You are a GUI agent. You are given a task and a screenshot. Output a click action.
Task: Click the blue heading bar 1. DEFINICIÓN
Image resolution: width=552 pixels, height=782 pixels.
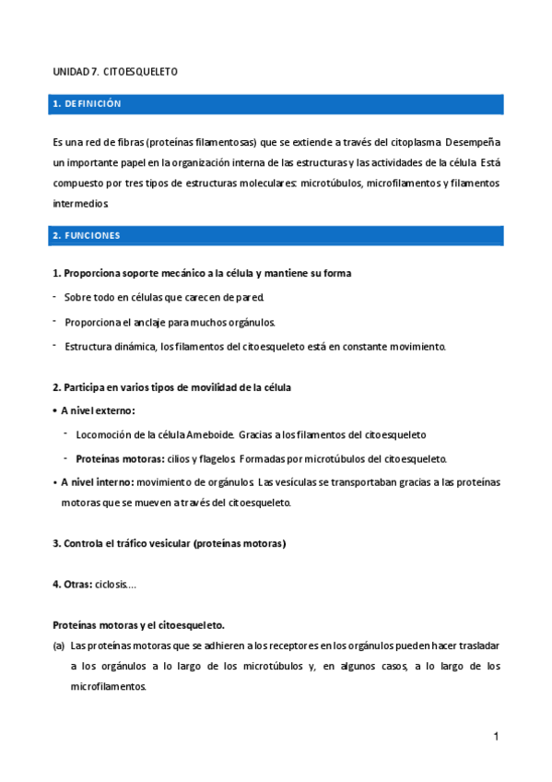276,104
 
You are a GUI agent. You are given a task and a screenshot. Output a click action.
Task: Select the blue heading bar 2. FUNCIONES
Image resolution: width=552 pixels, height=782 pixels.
276,235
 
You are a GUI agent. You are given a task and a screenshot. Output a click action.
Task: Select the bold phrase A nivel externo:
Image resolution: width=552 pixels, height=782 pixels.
98,410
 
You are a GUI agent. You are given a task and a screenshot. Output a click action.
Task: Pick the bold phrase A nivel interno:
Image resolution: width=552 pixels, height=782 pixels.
97,481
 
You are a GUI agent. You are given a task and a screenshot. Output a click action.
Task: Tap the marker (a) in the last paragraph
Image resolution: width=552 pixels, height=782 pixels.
58,646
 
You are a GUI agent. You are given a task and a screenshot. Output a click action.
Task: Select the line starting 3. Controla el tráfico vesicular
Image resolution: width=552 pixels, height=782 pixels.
170,543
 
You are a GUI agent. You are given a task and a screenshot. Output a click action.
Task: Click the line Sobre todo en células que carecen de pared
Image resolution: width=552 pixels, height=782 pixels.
164,297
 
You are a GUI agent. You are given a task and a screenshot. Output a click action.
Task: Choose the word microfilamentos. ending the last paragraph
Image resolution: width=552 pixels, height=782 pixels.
109,687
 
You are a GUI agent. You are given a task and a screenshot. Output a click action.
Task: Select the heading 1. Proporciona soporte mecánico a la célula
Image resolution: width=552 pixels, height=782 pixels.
202,273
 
